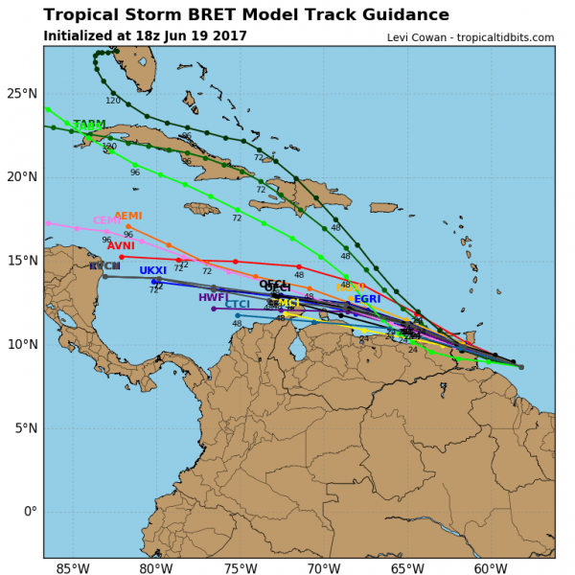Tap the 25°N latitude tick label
tap(21, 93)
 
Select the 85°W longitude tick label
tap(73, 570)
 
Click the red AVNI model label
tap(121, 246)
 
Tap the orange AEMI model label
tap(127, 217)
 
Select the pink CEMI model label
tap(106, 221)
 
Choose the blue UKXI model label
tap(152, 271)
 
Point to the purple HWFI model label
tap(213, 298)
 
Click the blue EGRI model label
tap(367, 300)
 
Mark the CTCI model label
tap(237, 305)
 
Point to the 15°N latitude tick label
tap(21, 261)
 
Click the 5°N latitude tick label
tap(25, 428)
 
